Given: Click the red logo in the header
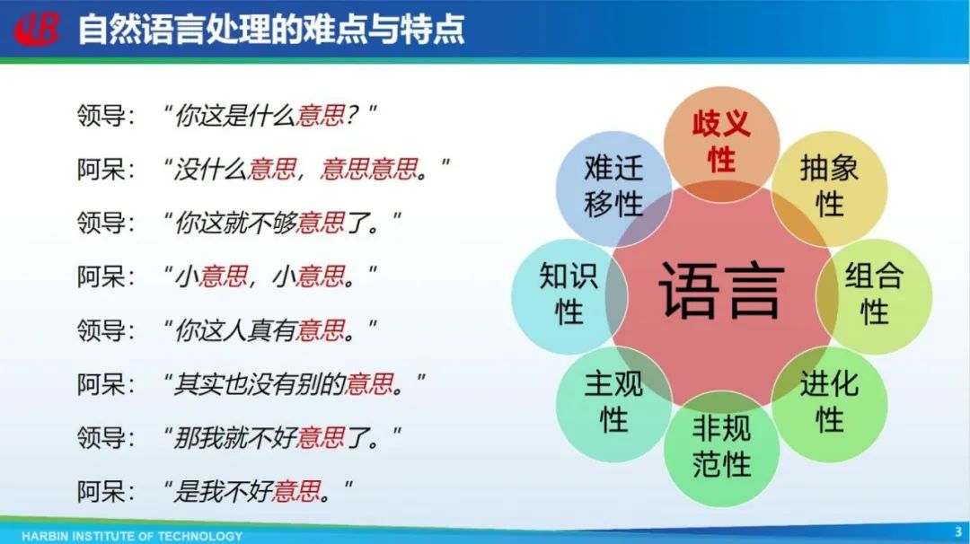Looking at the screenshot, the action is coord(37,29).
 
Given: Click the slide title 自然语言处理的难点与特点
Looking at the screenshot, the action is coord(271,30).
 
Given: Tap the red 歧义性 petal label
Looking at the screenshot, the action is coord(721,142).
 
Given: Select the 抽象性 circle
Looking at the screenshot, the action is coord(830,188).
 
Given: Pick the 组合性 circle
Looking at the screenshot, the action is coord(874,295).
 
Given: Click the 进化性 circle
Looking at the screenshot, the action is coord(830,404).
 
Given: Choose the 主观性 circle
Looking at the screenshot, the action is coord(613,404).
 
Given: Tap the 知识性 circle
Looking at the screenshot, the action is coord(569,295).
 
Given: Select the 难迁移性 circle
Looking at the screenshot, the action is coord(613,188).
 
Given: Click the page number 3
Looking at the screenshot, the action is coord(958,531).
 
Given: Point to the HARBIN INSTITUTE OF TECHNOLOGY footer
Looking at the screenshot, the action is coord(132,536).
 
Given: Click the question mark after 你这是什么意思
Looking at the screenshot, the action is coord(352,116).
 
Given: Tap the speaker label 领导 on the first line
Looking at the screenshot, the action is coord(101,116).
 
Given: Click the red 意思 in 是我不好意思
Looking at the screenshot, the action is coord(296,492).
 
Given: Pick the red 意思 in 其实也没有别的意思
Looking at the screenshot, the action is coord(369,384).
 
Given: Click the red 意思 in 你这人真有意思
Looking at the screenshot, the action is coord(321,330).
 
